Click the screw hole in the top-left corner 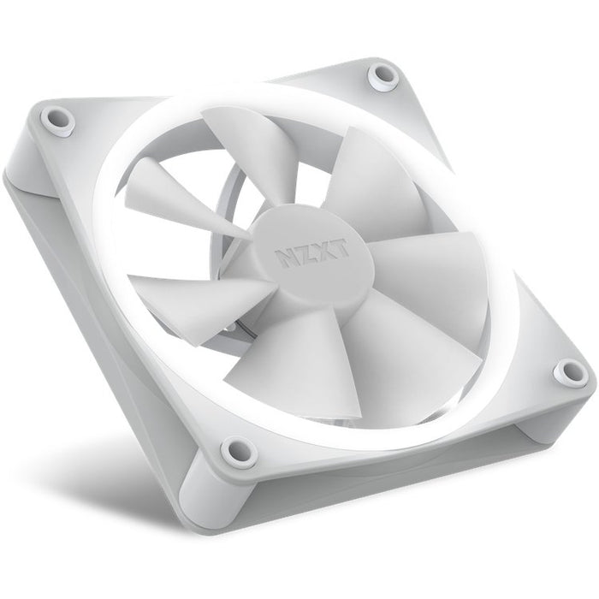pyautogui.click(x=60, y=116)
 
